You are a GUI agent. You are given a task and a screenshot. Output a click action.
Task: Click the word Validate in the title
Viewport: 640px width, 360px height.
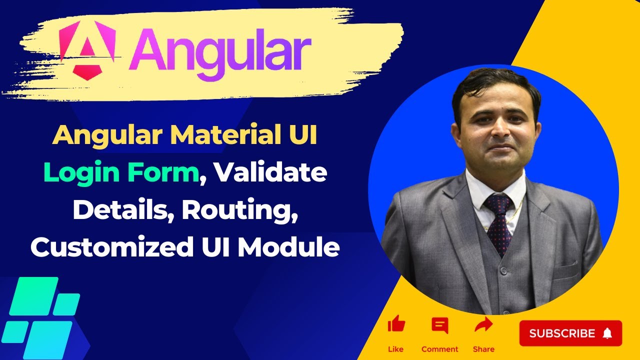272,173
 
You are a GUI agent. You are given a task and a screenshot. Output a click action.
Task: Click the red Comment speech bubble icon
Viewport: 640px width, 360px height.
440,325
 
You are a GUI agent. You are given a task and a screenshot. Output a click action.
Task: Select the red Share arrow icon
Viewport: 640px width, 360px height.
483,325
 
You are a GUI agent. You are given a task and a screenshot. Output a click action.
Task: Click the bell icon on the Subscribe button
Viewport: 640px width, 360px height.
607,333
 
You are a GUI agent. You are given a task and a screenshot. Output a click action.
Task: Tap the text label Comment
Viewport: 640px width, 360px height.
440,349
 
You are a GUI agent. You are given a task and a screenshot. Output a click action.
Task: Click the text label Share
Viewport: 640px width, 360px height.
483,349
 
